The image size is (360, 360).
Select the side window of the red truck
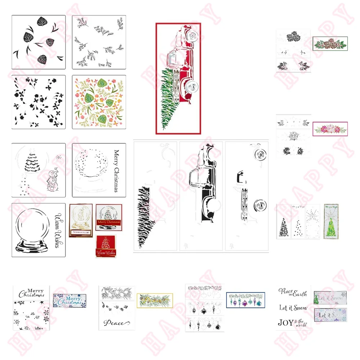[x=173, y=58]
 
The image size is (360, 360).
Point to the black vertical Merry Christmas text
[x=116, y=171]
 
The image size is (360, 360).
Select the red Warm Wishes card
[x=106, y=246]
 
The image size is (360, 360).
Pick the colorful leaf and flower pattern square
[x=99, y=102]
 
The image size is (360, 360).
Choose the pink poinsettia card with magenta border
[x=330, y=129]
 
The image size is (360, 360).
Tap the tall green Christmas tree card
[x=331, y=221]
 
